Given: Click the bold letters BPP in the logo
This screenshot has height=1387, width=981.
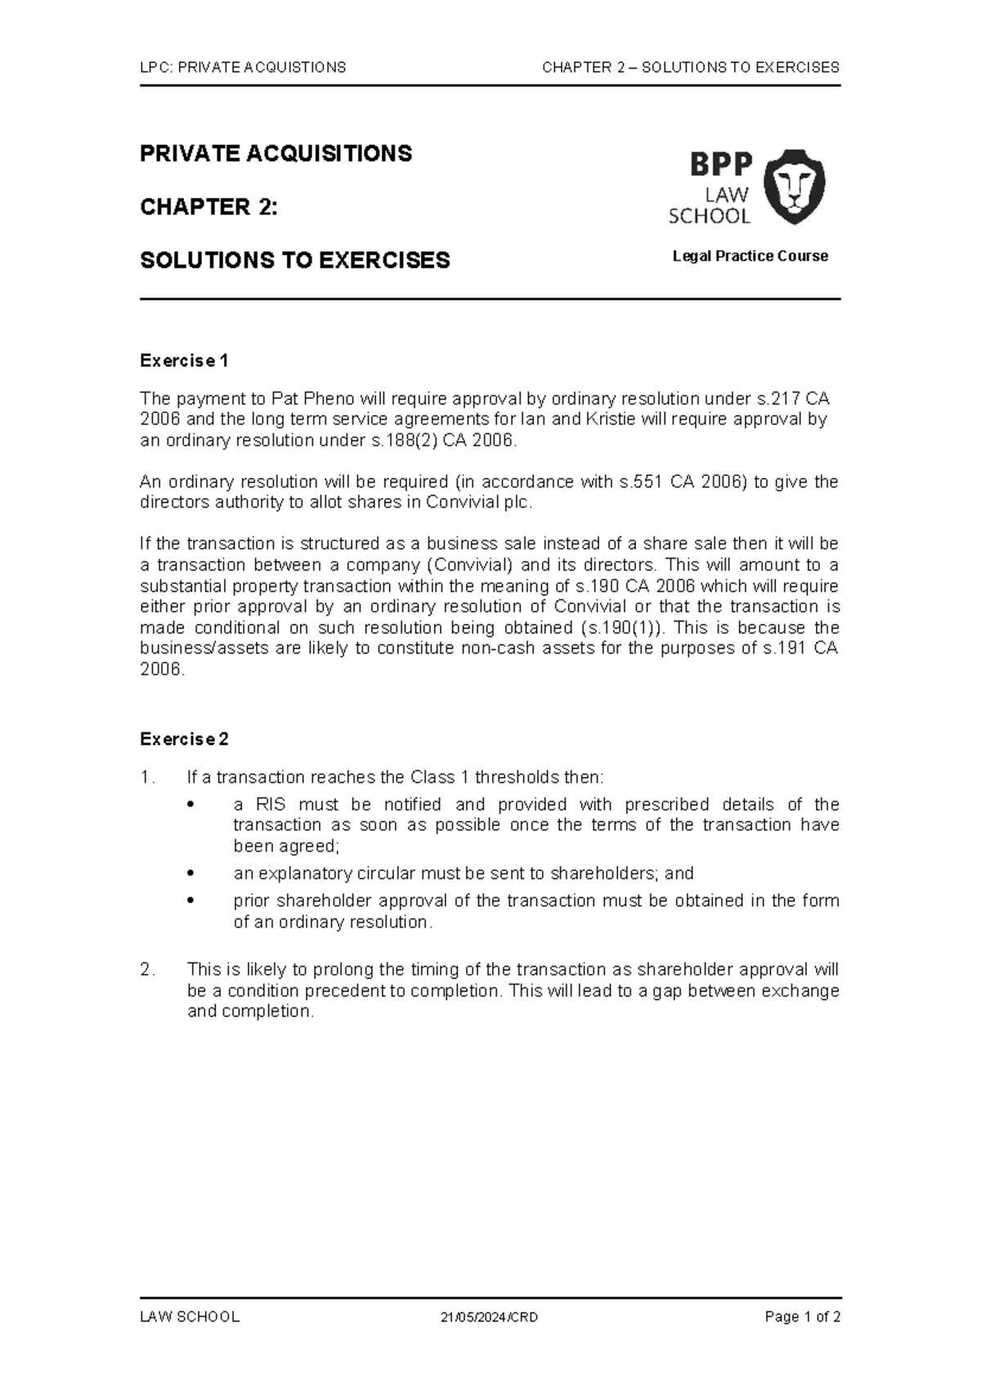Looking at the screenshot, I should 720,164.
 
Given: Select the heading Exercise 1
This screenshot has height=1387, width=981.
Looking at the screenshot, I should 184,361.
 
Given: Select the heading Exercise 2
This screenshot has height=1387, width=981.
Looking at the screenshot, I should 184,739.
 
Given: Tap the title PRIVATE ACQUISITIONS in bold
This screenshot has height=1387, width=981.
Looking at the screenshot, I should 275,154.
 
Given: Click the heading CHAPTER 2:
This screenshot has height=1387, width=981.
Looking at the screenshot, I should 208,207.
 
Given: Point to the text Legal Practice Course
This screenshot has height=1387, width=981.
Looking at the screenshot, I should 750,256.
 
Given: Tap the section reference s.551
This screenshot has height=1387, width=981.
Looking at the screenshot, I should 641,482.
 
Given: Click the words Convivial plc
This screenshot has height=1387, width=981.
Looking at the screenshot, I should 478,503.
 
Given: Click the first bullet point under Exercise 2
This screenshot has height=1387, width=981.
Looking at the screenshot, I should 190,805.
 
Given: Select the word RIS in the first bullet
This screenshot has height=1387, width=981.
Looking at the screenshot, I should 271,805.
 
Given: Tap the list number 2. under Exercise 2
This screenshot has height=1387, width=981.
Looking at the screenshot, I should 147,970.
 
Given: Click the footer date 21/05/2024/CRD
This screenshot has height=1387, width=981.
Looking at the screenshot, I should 489,1317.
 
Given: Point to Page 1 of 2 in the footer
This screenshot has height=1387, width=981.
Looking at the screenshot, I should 802,1317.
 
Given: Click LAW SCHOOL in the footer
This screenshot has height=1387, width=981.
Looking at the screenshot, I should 190,1317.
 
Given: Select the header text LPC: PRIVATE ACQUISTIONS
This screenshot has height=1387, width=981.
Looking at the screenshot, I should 243,67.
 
